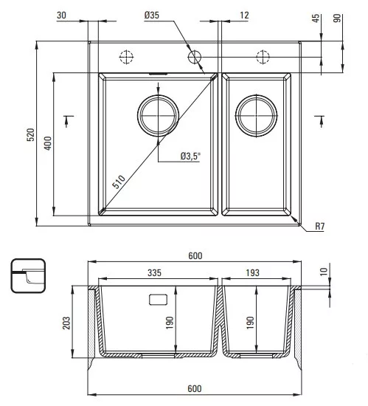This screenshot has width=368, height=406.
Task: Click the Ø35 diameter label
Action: (x=152, y=15)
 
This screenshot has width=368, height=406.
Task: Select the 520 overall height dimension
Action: (x=30, y=134)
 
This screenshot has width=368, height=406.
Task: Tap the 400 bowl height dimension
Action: (x=48, y=143)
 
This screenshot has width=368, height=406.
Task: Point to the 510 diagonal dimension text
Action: (x=119, y=182)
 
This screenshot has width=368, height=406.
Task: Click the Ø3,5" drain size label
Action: (x=190, y=156)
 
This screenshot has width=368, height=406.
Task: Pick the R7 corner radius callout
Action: (x=319, y=227)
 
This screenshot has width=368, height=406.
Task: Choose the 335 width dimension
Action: (x=154, y=272)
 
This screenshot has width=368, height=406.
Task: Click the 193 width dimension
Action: (x=252, y=272)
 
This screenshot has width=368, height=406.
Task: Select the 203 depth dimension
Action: (x=66, y=323)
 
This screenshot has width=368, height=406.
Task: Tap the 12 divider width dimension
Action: (x=244, y=15)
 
